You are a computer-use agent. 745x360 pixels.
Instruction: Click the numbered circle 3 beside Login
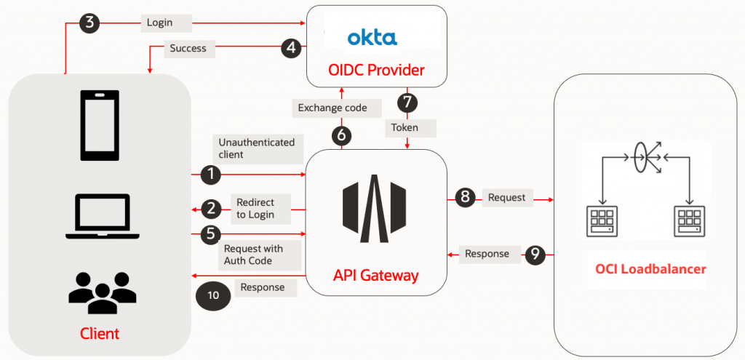pyautogui.click(x=89, y=22)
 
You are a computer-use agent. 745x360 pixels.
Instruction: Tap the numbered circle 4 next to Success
pyautogui.click(x=292, y=49)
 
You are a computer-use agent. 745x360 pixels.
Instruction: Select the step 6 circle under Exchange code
pyautogui.click(x=341, y=135)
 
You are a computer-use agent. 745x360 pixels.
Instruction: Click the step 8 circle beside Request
pyautogui.click(x=466, y=197)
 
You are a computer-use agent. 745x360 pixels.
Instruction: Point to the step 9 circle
pyautogui.click(x=535, y=254)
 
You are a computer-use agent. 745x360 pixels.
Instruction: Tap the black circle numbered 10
pyautogui.click(x=212, y=295)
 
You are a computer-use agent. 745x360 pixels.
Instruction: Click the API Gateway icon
pyautogui.click(x=375, y=207)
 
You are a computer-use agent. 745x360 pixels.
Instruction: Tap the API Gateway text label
pyautogui.click(x=375, y=276)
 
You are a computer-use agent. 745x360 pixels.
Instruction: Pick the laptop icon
pyautogui.click(x=102, y=216)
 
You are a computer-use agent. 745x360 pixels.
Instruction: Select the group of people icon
pyautogui.click(x=102, y=289)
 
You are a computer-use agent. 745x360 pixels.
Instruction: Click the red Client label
pyautogui.click(x=100, y=334)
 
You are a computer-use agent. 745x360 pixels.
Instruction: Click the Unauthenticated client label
pyautogui.click(x=256, y=148)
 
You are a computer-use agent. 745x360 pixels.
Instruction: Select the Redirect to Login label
pyautogui.click(x=256, y=208)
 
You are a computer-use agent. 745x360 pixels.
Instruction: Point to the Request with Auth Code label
pyautogui.click(x=253, y=255)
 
